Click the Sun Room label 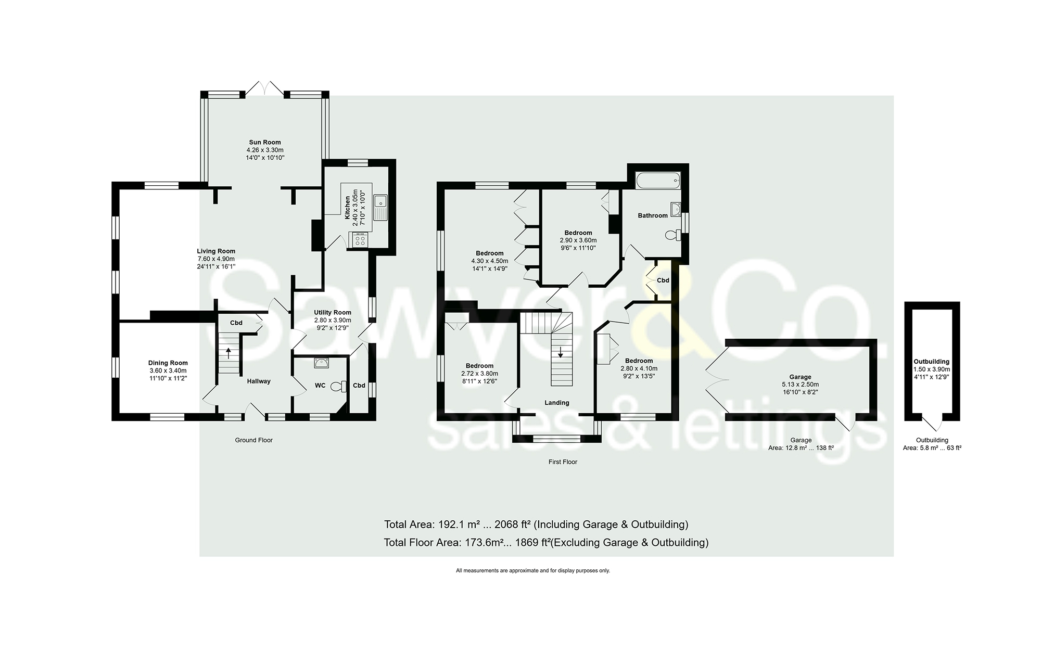pyautogui.click(x=265, y=142)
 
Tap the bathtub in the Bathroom pyautogui.click(x=657, y=181)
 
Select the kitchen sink pyautogui.click(x=382, y=207)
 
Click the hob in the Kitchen pyautogui.click(x=359, y=240)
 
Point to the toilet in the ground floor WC pyautogui.click(x=340, y=387)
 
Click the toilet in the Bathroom pyautogui.click(x=673, y=236)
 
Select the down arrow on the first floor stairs pyautogui.click(x=561, y=352)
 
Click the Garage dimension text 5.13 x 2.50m pyautogui.click(x=801, y=385)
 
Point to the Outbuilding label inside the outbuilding pyautogui.click(x=931, y=362)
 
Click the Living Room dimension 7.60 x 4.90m pyautogui.click(x=216, y=259)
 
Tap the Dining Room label pyautogui.click(x=168, y=363)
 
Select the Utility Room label pyautogui.click(x=333, y=313)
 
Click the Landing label pyautogui.click(x=556, y=403)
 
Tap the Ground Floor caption pyautogui.click(x=253, y=440)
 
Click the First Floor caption pyautogui.click(x=563, y=462)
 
